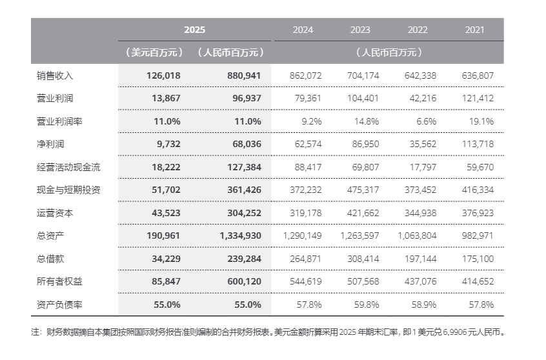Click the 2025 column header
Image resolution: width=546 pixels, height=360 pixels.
tap(194, 30)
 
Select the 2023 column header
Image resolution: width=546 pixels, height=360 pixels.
tap(360, 30)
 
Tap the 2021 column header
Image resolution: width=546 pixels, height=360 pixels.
tap(474, 30)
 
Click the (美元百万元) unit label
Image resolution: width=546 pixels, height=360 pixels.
tap(154, 52)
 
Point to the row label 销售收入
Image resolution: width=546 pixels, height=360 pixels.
tap(56, 75)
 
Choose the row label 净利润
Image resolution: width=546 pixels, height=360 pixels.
tap(51, 144)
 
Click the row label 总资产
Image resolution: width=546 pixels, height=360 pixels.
tap(51, 235)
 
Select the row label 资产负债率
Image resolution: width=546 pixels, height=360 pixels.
tap(60, 304)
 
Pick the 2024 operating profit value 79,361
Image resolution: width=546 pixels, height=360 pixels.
tap(307, 99)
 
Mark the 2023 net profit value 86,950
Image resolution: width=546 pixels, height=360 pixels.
tap(365, 144)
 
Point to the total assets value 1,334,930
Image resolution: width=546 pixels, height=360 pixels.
tap(240, 235)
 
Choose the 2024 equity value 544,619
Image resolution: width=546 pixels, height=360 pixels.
tap(305, 281)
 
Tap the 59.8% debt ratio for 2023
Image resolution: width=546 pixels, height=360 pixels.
tap(367, 304)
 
